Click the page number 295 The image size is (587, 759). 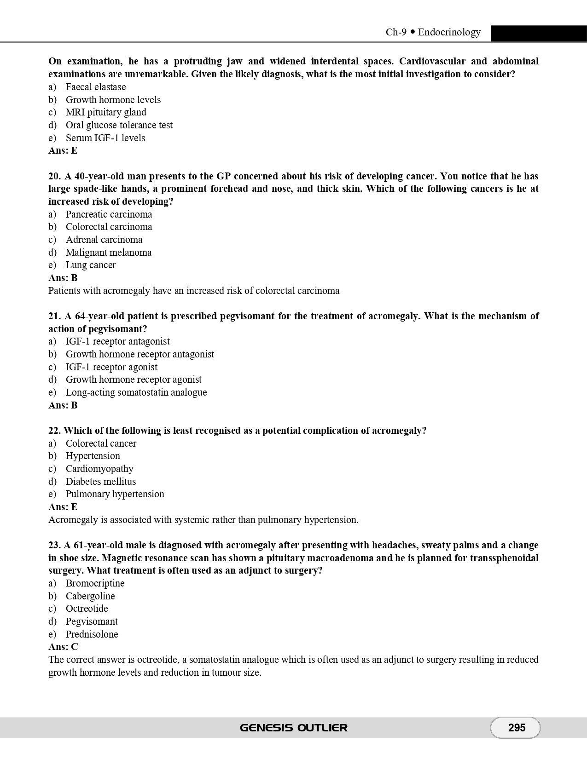tap(517, 728)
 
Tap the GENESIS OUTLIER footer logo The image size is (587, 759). tap(294, 728)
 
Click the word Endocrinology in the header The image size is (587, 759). tap(449, 32)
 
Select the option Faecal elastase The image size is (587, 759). tap(96, 87)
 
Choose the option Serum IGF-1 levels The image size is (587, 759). tap(105, 138)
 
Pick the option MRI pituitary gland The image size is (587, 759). tap(106, 112)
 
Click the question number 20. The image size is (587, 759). tap(54, 176)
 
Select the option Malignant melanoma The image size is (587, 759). tap(109, 253)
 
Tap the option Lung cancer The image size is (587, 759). tap(91, 265)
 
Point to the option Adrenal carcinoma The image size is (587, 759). tap(104, 240)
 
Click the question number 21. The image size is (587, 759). tap(54, 316)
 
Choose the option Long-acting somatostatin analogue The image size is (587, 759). tap(136, 392)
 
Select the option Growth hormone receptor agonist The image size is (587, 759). tap(134, 379)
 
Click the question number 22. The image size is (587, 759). tap(54, 431)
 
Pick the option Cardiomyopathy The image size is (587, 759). tap(99, 469)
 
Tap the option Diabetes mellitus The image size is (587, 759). tap(101, 482)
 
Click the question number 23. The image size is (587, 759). tap(54, 545)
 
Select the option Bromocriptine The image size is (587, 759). tap(95, 583)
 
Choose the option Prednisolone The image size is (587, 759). tap(92, 634)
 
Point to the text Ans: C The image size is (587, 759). tap(63, 647)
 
